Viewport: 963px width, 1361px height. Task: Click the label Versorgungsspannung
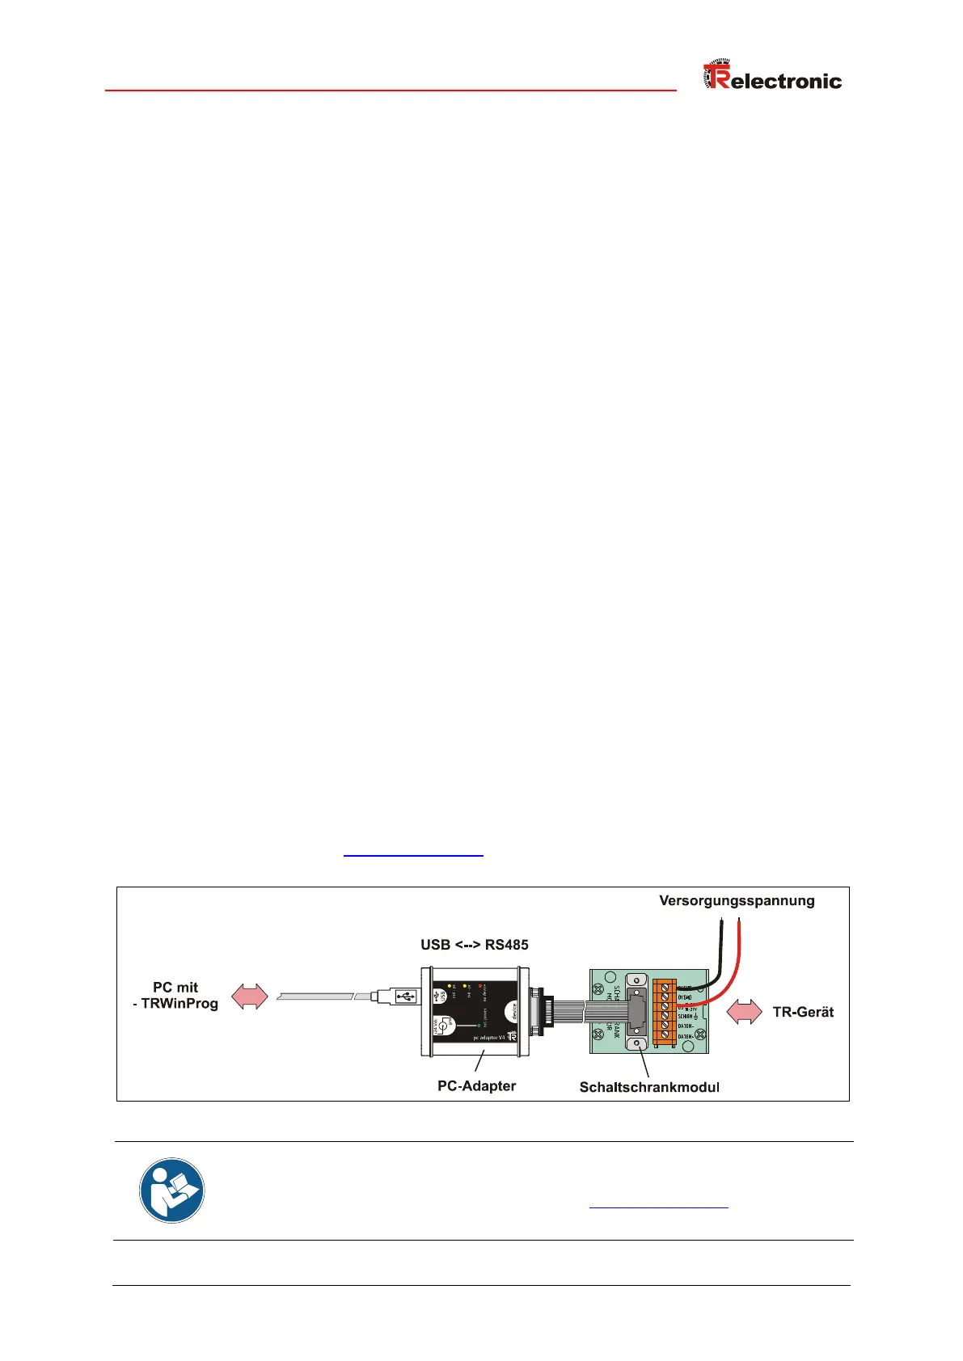pos(737,901)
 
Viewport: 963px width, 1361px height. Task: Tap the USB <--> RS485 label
pos(474,945)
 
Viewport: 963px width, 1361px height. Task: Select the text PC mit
pos(175,988)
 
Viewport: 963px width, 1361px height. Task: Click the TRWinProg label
pos(180,1004)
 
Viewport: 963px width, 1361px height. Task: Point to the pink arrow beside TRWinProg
pos(250,997)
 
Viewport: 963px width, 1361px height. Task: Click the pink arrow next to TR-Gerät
pos(744,1012)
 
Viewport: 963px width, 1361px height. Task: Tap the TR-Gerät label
pos(803,1012)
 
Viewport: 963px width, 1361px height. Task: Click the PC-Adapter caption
pos(476,1085)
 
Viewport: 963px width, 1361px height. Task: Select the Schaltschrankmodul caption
pos(649,1087)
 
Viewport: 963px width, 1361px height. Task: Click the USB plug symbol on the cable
pos(405,996)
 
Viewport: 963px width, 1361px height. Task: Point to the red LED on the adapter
pos(481,987)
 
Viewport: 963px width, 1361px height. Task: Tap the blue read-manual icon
pos(171,1190)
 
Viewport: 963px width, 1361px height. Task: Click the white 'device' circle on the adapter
pos(511,1011)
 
